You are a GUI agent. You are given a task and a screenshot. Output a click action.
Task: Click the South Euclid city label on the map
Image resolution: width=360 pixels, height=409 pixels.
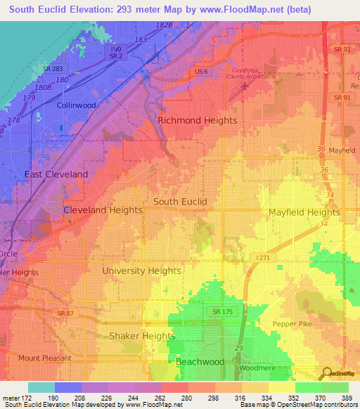click(x=180, y=202)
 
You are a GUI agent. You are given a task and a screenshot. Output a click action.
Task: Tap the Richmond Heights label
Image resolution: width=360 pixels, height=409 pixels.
click(x=197, y=120)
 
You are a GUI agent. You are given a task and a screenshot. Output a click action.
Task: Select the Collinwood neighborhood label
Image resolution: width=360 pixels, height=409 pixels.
click(x=76, y=105)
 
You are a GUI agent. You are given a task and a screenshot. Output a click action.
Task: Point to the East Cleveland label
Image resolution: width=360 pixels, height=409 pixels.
click(x=56, y=174)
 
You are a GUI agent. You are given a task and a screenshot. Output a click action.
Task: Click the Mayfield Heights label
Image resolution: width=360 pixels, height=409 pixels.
click(x=304, y=212)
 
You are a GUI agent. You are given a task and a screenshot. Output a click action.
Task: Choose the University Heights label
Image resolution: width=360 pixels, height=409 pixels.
click(x=141, y=271)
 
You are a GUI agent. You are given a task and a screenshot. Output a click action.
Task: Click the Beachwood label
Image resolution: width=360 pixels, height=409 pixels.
click(x=200, y=362)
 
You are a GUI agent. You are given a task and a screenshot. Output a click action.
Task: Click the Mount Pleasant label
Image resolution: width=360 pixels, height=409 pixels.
click(x=44, y=358)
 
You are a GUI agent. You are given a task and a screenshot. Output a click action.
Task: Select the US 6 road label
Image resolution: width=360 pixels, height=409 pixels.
click(x=201, y=72)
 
